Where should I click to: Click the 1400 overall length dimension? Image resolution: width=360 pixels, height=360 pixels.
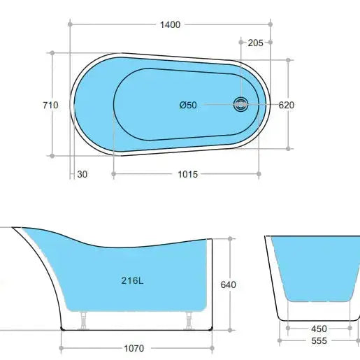[170, 24]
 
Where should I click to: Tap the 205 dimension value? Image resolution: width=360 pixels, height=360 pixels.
[255, 43]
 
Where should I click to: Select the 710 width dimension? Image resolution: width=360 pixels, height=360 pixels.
[50, 106]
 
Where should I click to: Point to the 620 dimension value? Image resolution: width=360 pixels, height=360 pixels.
[287, 106]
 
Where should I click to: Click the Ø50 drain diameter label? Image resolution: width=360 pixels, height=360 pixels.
[188, 106]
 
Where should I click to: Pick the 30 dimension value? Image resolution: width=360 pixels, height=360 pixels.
[83, 174]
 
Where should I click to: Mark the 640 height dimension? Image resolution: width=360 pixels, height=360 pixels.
[228, 285]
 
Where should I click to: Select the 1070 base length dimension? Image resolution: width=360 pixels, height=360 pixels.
[136, 347]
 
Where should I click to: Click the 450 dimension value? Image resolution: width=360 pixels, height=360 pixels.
[319, 329]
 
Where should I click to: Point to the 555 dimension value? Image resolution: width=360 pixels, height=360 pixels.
[319, 342]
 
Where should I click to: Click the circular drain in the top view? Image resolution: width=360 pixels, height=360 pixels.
[241, 105]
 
